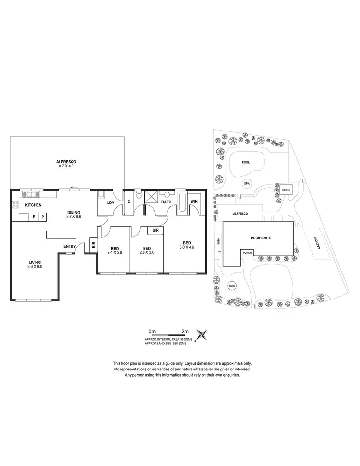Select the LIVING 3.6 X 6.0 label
(x=35, y=263)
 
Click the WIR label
(x=194, y=201)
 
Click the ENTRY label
(x=69, y=247)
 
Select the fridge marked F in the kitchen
(x=34, y=217)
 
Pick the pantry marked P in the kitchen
(x=42, y=217)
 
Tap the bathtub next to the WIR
(x=182, y=202)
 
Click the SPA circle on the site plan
(x=247, y=183)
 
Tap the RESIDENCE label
(x=261, y=238)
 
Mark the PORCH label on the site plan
(x=247, y=252)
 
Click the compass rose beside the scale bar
(x=204, y=334)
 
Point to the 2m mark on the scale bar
(x=185, y=331)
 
